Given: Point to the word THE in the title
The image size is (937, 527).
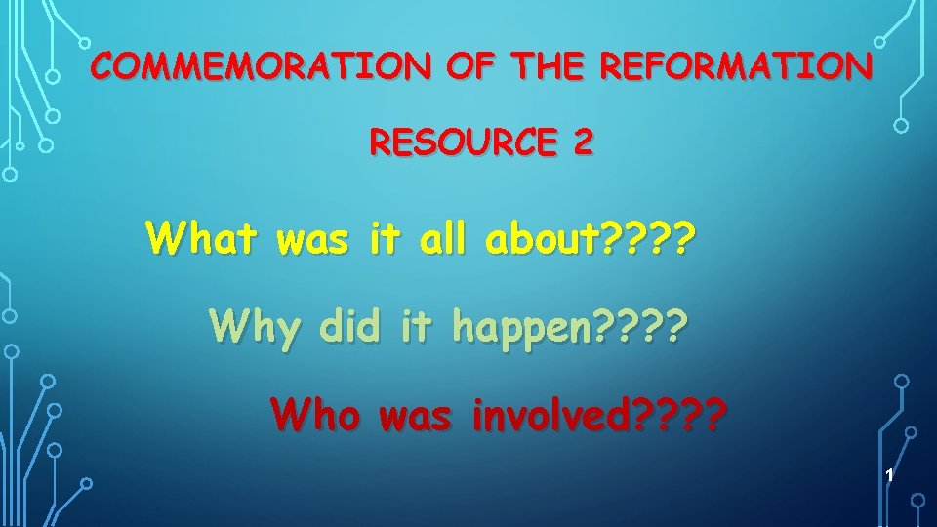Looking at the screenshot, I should pyautogui.click(x=550, y=67).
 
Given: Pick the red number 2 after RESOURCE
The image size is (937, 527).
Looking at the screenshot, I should pyautogui.click(x=582, y=144).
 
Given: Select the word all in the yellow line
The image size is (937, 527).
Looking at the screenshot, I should pyautogui.click(x=442, y=237).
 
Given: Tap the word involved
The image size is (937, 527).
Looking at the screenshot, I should pyautogui.click(x=550, y=417).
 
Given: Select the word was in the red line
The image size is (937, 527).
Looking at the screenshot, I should pyautogui.click(x=415, y=417).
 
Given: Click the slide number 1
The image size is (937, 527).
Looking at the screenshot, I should pyautogui.click(x=889, y=475).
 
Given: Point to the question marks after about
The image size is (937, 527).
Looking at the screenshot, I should pyautogui.click(x=650, y=237).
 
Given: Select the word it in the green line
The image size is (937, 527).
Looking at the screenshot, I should pyautogui.click(x=415, y=326).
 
